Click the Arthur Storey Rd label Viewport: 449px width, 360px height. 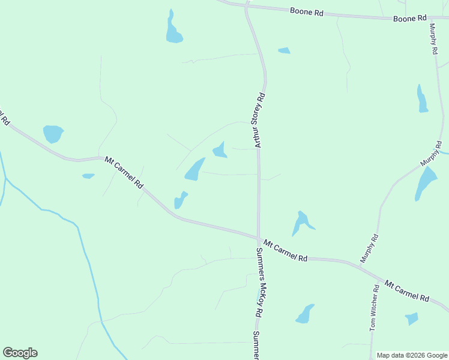click(x=260, y=120)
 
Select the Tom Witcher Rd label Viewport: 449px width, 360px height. click(x=375, y=308)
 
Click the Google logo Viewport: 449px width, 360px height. click(x=20, y=353)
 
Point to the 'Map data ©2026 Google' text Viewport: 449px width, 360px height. click(x=411, y=355)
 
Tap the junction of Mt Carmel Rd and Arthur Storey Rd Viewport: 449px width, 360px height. click(x=259, y=238)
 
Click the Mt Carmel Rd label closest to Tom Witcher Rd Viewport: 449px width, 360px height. click(x=407, y=290)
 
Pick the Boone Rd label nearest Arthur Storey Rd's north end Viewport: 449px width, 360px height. click(x=307, y=11)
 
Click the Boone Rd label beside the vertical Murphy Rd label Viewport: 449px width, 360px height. click(x=409, y=19)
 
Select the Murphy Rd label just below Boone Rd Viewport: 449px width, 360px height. click(x=433, y=39)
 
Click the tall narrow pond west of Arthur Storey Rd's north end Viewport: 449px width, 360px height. click(x=173, y=29)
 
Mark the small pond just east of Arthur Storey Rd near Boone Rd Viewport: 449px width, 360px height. click(x=284, y=50)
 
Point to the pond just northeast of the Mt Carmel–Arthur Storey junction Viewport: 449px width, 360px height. click(x=301, y=223)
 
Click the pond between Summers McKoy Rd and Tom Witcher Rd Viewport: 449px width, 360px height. click(x=304, y=314)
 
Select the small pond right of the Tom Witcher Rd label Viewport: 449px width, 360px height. click(x=411, y=318)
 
